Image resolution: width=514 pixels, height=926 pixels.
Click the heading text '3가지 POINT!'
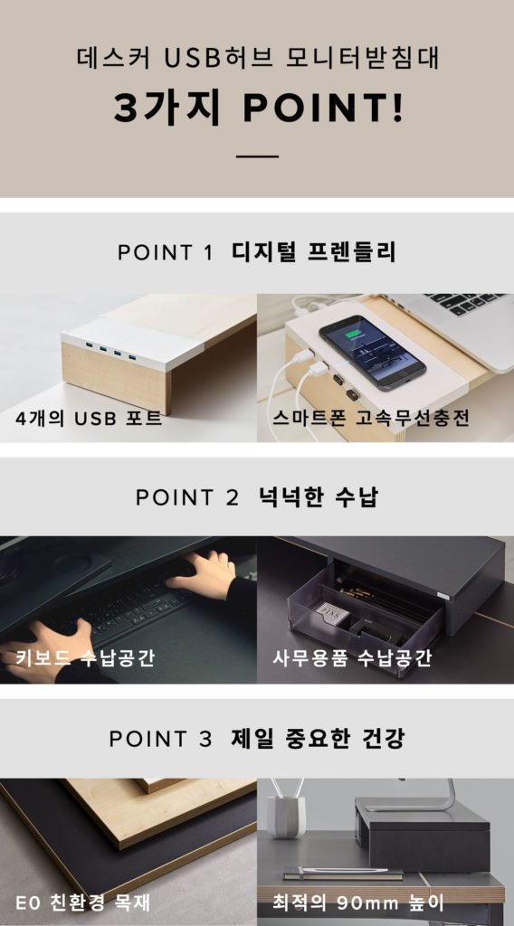(258, 109)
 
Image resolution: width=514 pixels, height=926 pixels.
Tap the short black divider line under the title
(258, 156)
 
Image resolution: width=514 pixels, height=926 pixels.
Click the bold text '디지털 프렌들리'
(314, 251)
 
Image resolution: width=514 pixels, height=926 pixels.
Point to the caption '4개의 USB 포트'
(89, 420)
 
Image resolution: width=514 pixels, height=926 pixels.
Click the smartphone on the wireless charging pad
(371, 350)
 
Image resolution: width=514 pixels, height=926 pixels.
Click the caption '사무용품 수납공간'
(352, 657)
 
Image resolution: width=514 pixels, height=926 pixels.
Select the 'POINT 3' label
(160, 739)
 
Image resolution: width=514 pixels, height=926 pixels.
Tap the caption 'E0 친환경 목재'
(82, 902)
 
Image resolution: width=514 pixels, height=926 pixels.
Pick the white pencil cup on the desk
(286, 816)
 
